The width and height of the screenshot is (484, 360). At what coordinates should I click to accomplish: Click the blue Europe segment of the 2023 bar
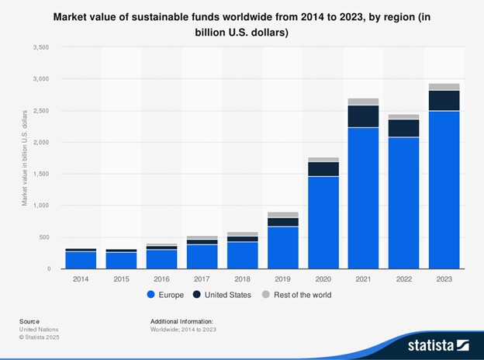(x=444, y=189)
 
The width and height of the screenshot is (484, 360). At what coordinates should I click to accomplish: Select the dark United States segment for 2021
(x=363, y=116)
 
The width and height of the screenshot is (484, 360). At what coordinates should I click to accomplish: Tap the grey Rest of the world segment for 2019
(x=283, y=215)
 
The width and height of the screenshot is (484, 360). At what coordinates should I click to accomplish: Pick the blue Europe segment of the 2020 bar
(x=323, y=222)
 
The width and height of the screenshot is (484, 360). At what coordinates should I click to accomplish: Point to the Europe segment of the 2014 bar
(x=81, y=260)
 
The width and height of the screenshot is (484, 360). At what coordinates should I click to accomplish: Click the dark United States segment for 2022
(x=403, y=128)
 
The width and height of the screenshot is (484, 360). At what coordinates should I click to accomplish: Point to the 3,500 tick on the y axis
(x=40, y=47)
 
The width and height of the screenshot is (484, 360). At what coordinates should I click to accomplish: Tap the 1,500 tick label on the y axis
(x=40, y=174)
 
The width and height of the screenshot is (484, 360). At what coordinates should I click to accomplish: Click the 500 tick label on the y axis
(x=43, y=237)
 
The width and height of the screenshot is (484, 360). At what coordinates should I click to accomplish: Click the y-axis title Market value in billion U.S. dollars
(x=25, y=157)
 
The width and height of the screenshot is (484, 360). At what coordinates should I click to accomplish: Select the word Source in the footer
(x=29, y=320)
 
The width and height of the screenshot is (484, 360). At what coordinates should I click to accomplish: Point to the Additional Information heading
(x=181, y=320)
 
